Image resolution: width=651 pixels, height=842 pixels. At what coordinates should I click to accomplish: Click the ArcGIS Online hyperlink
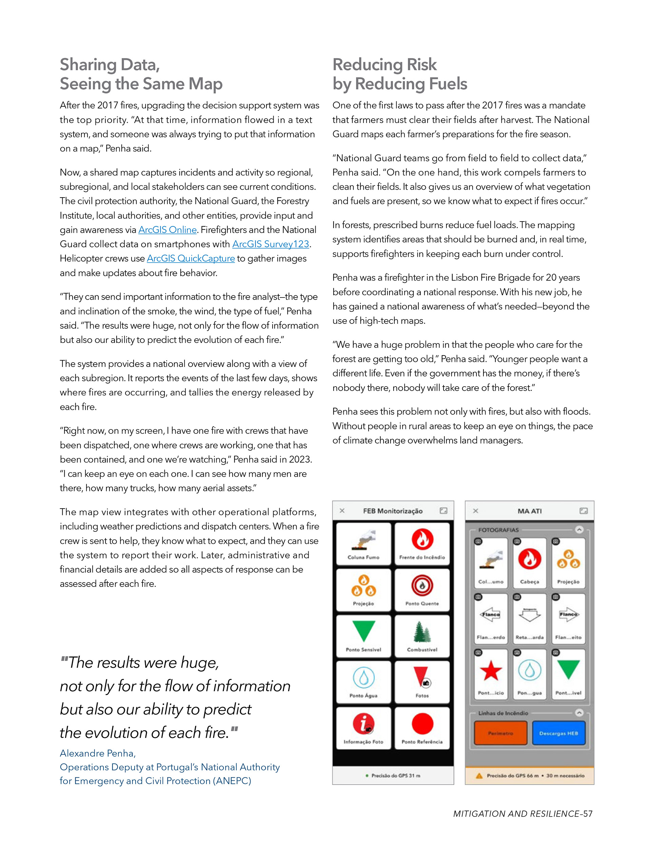coord(167,230)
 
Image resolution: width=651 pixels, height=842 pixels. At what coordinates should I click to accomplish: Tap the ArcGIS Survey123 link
coord(271,244)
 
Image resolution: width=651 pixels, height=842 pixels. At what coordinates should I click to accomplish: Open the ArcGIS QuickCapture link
coord(191,258)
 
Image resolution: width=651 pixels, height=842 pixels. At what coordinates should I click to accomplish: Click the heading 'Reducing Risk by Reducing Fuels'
coord(399,74)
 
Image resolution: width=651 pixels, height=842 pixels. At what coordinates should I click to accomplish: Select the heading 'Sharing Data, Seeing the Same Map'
coord(141,74)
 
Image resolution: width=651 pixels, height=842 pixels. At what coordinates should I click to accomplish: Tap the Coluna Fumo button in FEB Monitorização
coord(363,544)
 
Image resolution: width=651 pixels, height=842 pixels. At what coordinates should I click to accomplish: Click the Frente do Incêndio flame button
coord(422,544)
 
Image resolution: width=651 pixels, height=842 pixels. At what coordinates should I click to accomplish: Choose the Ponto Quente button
coord(422,590)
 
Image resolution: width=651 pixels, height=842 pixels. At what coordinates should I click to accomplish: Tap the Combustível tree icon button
coord(422,636)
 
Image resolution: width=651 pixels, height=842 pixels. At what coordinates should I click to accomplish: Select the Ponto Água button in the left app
coord(363,682)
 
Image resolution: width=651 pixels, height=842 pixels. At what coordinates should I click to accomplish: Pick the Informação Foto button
coord(363,727)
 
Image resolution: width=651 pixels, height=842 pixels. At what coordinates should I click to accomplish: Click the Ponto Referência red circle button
coord(422,727)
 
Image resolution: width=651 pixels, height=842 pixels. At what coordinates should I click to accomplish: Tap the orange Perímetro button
coord(500,733)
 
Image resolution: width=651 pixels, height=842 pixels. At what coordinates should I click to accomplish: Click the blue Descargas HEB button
coord(558,733)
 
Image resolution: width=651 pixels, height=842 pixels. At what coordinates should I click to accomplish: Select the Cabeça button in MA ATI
coord(529,563)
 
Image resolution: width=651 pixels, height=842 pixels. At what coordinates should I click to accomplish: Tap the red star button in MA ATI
coord(491,674)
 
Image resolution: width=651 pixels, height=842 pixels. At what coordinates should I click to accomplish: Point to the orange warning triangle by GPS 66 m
coord(479,776)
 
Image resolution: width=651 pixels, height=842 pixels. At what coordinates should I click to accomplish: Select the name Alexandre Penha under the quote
coord(98,753)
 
